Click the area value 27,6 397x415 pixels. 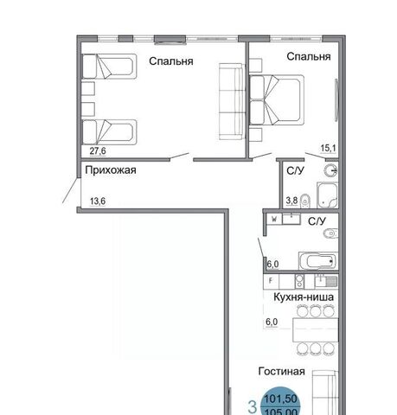point(98,150)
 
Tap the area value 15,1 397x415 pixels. point(329,149)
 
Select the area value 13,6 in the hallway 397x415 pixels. point(98,201)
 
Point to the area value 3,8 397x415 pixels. point(291,200)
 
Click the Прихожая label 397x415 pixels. point(111,170)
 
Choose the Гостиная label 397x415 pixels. point(281,371)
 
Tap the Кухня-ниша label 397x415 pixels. point(304,297)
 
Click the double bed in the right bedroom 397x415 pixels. point(277,100)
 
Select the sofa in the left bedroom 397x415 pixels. point(232,101)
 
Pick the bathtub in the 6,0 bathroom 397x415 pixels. point(318,261)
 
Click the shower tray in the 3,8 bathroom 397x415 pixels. point(328,195)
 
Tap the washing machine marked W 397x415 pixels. point(274,219)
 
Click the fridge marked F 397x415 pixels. point(271,281)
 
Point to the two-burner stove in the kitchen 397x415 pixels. point(299,281)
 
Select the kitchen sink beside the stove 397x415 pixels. point(326,281)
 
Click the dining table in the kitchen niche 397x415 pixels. point(316,329)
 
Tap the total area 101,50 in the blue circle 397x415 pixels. point(280,399)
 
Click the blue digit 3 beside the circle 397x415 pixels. point(253,407)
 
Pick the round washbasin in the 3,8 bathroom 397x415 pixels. point(330,170)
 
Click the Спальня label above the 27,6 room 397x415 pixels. point(171,61)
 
